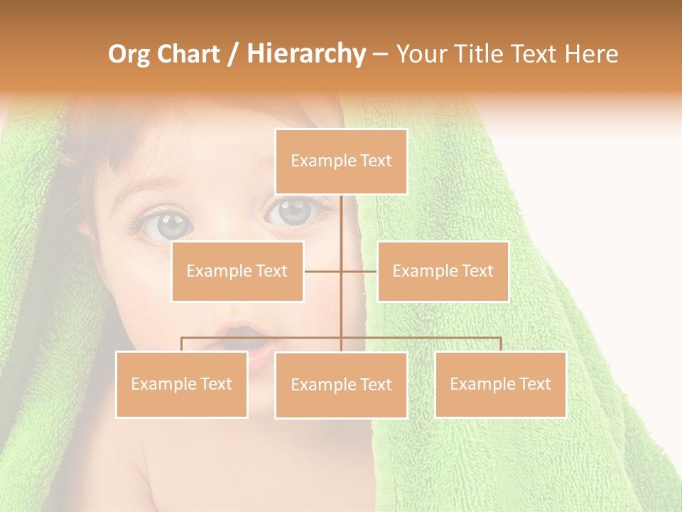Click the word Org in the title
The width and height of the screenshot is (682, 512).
click(x=129, y=54)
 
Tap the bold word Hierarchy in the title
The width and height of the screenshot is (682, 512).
click(x=305, y=54)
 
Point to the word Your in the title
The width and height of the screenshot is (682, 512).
click(x=420, y=54)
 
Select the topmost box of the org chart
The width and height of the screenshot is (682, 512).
click(x=341, y=161)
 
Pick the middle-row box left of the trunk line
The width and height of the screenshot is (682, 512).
click(x=237, y=271)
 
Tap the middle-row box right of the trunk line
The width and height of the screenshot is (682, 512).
click(x=443, y=271)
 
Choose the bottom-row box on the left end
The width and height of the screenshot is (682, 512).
click(x=181, y=384)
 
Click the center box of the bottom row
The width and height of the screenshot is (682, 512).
click(x=341, y=385)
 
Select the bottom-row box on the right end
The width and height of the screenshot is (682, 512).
click(x=500, y=384)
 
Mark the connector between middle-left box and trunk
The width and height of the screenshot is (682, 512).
click(x=323, y=271)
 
